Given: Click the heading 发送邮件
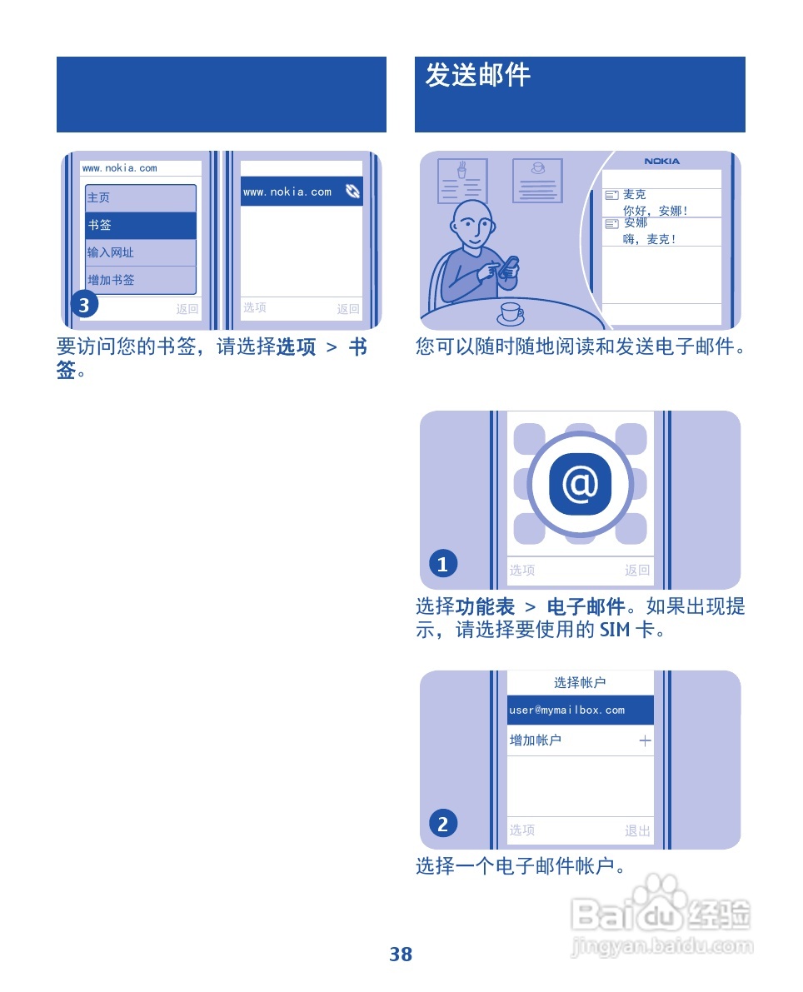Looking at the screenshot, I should point(477,76).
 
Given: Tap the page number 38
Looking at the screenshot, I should point(401,955).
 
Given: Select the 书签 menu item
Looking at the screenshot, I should point(141,226).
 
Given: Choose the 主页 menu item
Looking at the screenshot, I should point(141,198).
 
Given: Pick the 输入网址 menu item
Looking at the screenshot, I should point(141,253).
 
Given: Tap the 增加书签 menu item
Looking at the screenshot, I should point(141,281).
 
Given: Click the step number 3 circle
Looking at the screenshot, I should point(84,306).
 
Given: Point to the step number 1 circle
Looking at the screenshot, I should point(443,565).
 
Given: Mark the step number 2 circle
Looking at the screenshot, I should point(443,825).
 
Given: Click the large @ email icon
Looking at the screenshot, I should point(580,484).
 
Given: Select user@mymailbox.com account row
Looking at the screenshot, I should point(580,710).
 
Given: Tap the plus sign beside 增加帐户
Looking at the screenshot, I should point(645,741).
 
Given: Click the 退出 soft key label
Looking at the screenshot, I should point(637,830).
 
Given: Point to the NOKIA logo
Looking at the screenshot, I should point(662,162).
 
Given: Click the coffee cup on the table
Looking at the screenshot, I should point(511,313).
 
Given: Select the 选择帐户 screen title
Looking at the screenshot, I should point(580,683).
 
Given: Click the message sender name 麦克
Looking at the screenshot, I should point(635,195).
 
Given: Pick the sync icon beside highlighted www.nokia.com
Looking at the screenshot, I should point(353,192).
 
